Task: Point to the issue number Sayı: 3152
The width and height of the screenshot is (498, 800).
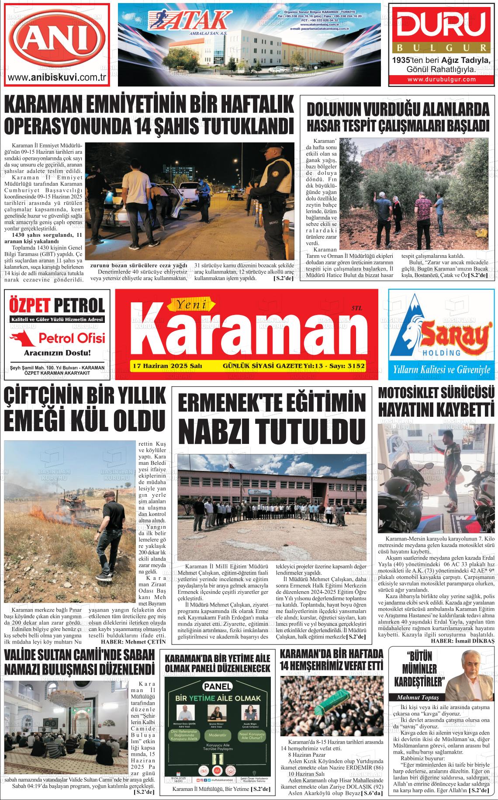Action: coord(346,366)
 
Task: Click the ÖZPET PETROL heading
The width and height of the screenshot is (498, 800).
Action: coord(57,305)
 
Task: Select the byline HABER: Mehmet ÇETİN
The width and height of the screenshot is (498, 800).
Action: coord(133,642)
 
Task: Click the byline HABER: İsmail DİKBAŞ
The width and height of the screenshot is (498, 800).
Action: coord(462,641)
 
